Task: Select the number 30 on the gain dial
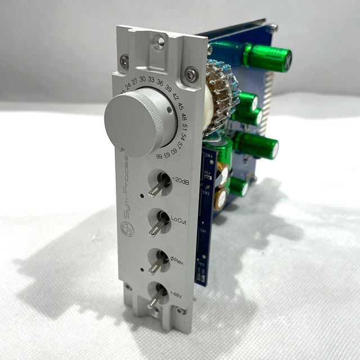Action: click(143, 79)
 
